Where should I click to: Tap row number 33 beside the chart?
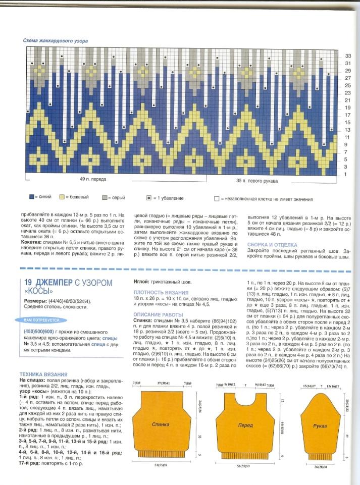pyautogui.click(x=347, y=56)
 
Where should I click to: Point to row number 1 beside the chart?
pyautogui.click(x=346, y=174)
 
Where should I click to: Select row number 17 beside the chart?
pyautogui.click(x=347, y=115)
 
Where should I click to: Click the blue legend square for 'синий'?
pyautogui.click(x=31, y=197)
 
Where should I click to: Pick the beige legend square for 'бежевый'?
pyautogui.click(x=62, y=197)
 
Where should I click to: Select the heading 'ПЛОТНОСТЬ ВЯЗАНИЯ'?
pyautogui.click(x=161, y=292)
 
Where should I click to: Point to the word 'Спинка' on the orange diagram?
pyautogui.click(x=160, y=424)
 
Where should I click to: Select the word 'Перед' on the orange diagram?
pyautogui.click(x=245, y=425)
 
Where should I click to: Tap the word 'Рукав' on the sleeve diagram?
pyautogui.click(x=320, y=426)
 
